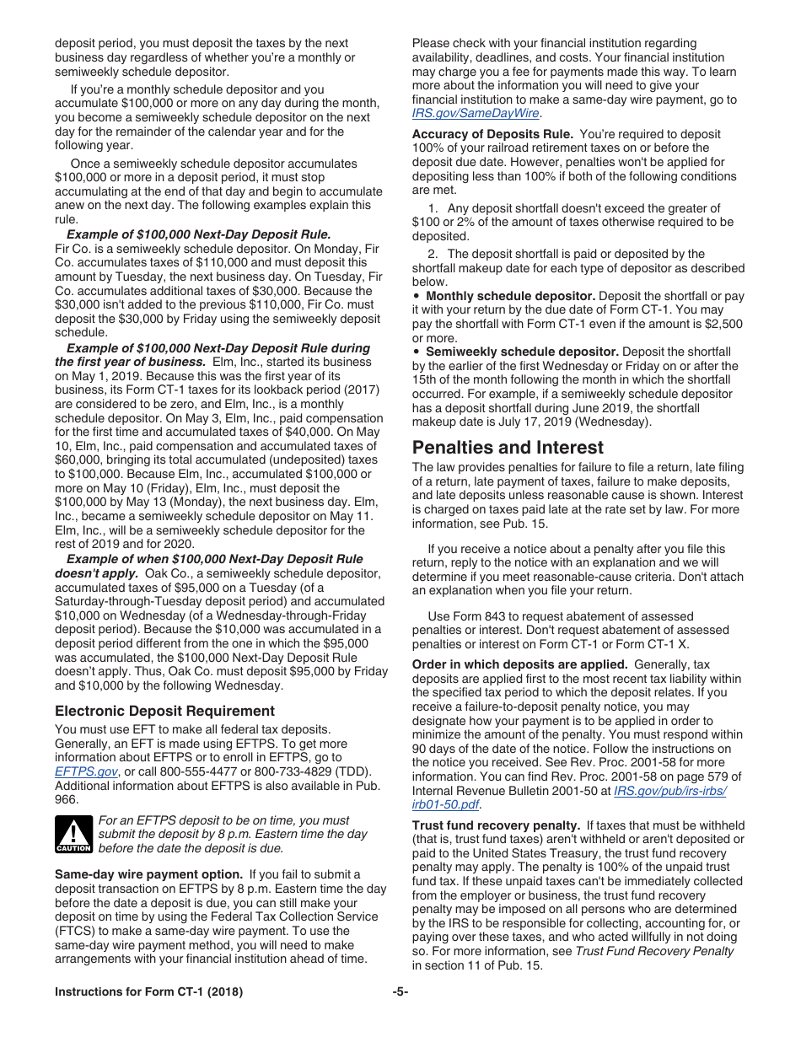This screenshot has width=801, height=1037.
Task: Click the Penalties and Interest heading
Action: pyautogui.click(x=508, y=448)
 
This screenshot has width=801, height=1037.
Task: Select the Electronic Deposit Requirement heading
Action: pyautogui.click(x=164, y=711)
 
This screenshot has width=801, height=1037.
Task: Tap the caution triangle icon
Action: pyautogui.click(x=73, y=834)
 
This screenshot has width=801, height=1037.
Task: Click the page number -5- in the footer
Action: pyautogui.click(x=400, y=992)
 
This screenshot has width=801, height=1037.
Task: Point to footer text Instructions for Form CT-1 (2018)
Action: pyautogui.click(x=148, y=992)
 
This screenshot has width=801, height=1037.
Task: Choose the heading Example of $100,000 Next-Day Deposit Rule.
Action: pyautogui.click(x=199, y=234)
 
